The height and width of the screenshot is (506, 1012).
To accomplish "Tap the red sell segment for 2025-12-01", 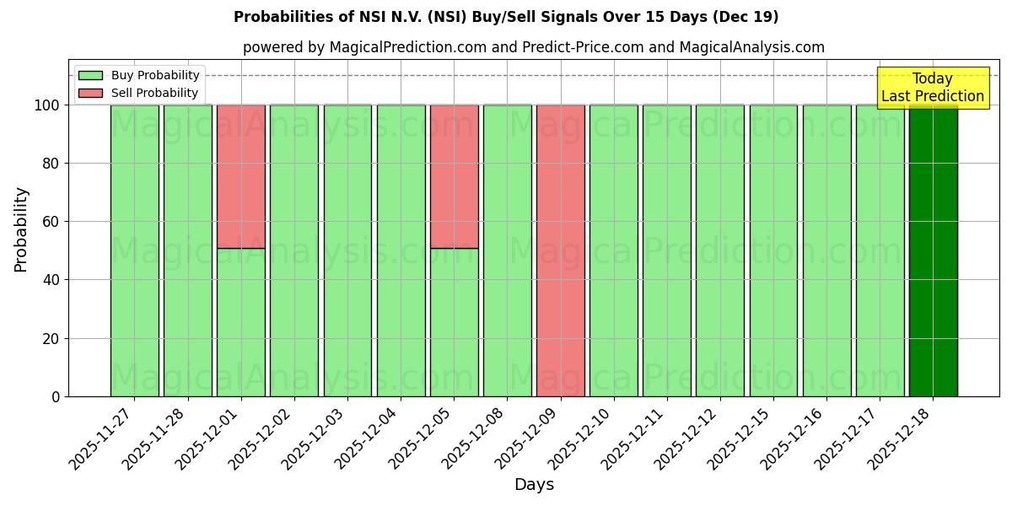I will pyautogui.click(x=241, y=176).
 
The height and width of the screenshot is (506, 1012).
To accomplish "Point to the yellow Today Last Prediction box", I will pyautogui.click(x=932, y=88).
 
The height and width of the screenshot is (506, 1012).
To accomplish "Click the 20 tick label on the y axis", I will pyautogui.click(x=53, y=338).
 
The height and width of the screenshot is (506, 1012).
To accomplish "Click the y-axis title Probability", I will pyautogui.click(x=21, y=229).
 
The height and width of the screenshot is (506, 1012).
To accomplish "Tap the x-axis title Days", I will pyautogui.click(x=534, y=485).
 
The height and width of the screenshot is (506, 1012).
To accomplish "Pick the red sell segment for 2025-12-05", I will pyautogui.click(x=454, y=176).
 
